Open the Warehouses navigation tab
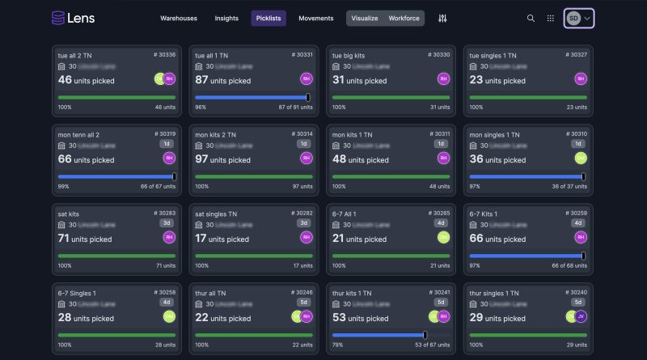(179, 18)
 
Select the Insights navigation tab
(226, 18)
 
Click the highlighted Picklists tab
(269, 18)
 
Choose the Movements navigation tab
(315, 18)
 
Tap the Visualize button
(364, 18)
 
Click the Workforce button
(404, 18)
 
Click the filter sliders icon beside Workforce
(442, 18)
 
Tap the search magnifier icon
(531, 18)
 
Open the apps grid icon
(551, 18)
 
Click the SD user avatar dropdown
(579, 18)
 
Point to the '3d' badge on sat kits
(167, 222)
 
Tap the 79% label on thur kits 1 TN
(338, 345)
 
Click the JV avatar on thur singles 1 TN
(581, 316)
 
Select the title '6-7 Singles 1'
(77, 292)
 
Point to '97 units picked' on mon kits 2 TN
(223, 159)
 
